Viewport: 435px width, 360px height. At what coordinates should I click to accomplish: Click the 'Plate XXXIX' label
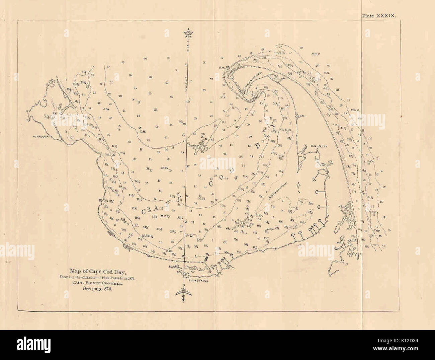click(379, 16)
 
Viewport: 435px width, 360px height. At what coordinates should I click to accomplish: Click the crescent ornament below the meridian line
click(184, 293)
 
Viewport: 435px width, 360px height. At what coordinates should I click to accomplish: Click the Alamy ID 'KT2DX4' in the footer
click(401, 341)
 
